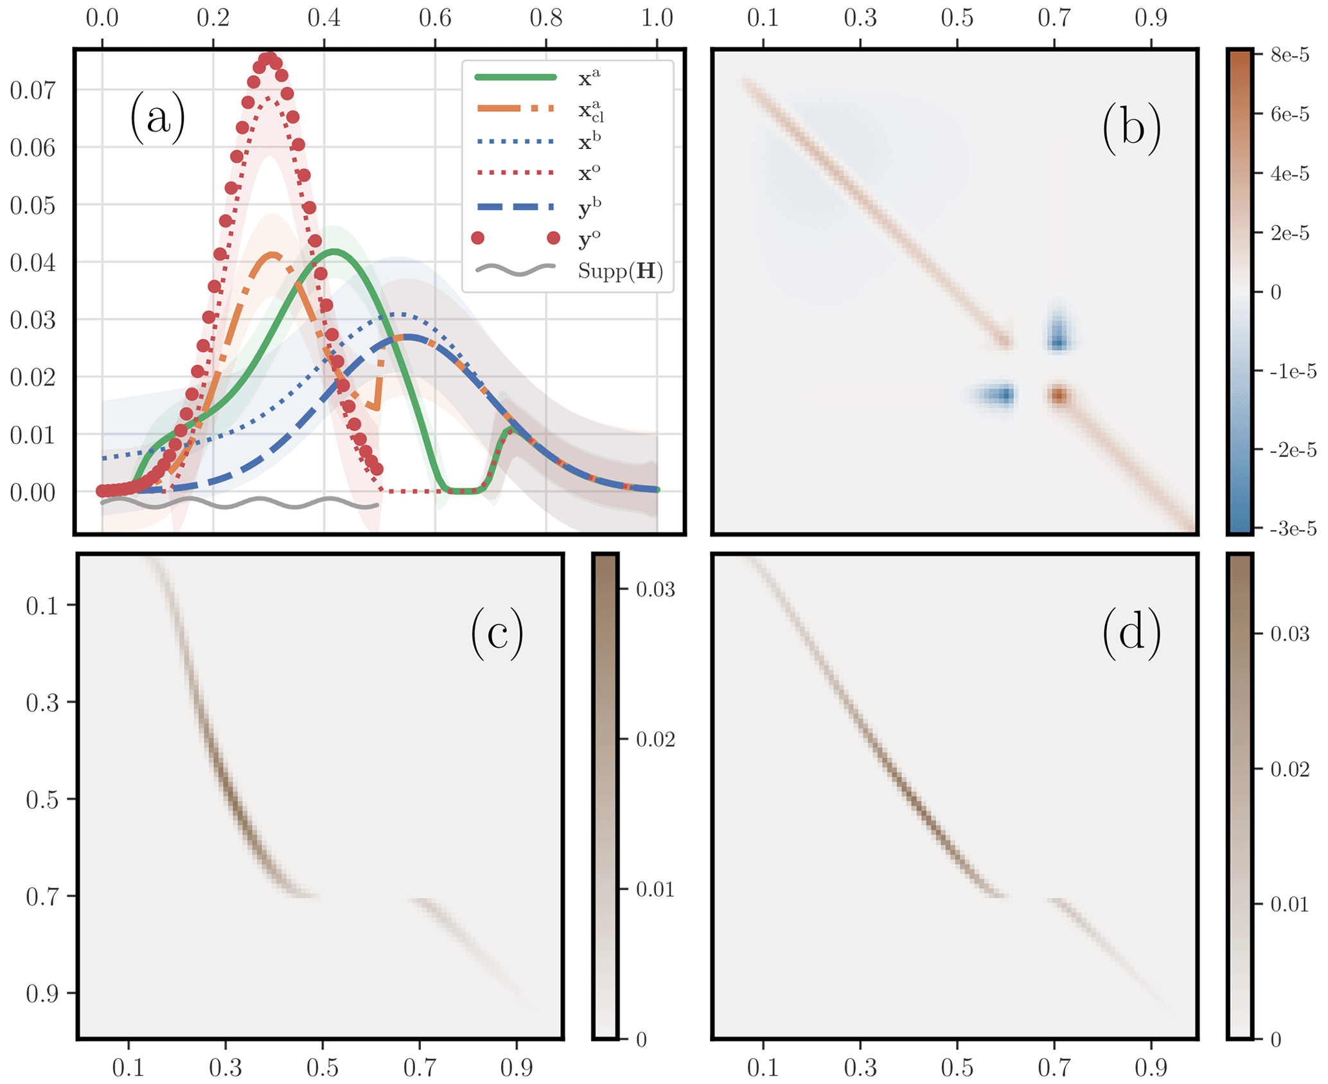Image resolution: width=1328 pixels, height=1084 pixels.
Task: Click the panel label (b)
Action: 1131,127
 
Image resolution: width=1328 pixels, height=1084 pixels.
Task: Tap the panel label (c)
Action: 497,634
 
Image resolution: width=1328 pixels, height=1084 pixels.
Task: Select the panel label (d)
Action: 1131,634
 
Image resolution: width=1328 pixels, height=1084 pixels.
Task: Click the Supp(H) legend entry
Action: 620,271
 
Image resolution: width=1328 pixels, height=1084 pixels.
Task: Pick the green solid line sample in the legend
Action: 515,77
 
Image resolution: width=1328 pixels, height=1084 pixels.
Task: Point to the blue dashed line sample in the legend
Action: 515,207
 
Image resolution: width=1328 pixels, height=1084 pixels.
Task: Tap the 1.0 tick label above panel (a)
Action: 657,17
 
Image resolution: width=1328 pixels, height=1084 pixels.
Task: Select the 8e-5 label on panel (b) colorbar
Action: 1289,55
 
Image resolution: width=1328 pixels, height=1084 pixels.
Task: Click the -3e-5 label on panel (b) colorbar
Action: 1293,529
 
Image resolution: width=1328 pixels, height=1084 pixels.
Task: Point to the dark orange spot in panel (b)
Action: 1059,395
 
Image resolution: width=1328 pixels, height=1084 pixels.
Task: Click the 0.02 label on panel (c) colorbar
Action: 655,740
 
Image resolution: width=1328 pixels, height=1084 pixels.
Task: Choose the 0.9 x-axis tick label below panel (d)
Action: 1151,1067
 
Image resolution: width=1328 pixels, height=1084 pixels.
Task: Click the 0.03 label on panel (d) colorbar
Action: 1290,634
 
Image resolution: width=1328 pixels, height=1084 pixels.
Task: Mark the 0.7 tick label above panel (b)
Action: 1054,17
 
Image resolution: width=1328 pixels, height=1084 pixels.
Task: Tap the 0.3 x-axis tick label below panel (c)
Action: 226,1067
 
